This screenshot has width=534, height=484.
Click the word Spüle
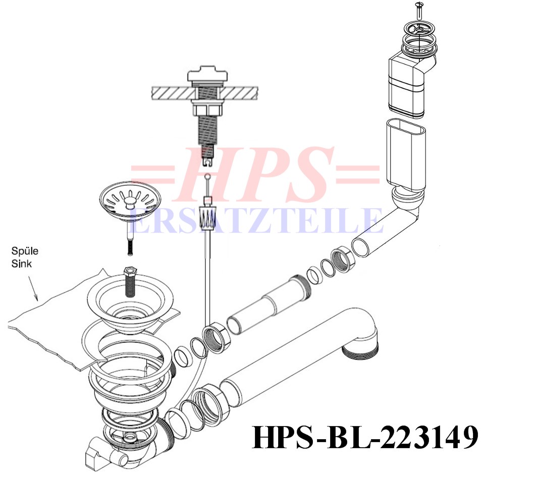click(25, 252)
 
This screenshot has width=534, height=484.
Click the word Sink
click(22, 264)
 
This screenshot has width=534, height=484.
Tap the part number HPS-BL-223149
click(365, 438)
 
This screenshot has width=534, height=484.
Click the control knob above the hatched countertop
click(206, 76)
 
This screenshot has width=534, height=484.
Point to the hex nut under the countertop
click(206, 110)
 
